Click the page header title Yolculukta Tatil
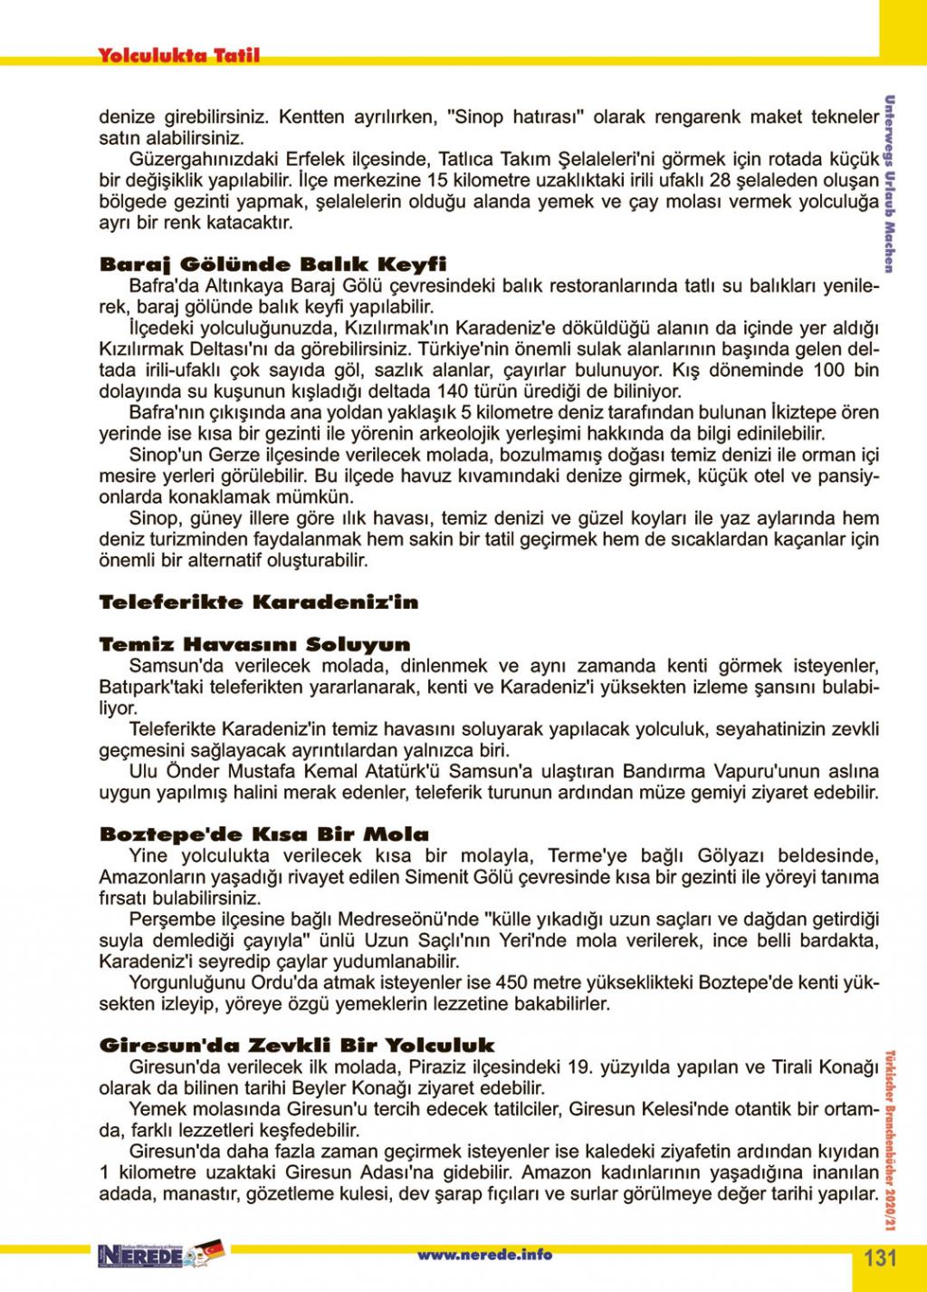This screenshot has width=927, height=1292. pyautogui.click(x=178, y=55)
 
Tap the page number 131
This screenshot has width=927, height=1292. pyautogui.click(x=880, y=1258)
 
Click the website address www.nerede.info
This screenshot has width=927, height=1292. pyautogui.click(x=484, y=1255)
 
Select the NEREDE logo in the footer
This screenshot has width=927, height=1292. pyautogui.click(x=145, y=1256)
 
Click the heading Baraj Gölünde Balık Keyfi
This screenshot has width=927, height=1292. pyautogui.click(x=272, y=265)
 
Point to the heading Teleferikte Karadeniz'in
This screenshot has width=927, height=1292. pyautogui.click(x=258, y=603)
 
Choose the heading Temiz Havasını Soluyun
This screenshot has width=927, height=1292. pyautogui.click(x=254, y=645)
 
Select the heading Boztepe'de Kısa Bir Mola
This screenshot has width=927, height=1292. pyautogui.click(x=263, y=834)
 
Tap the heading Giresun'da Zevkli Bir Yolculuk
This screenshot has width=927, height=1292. pyautogui.click(x=297, y=1046)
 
